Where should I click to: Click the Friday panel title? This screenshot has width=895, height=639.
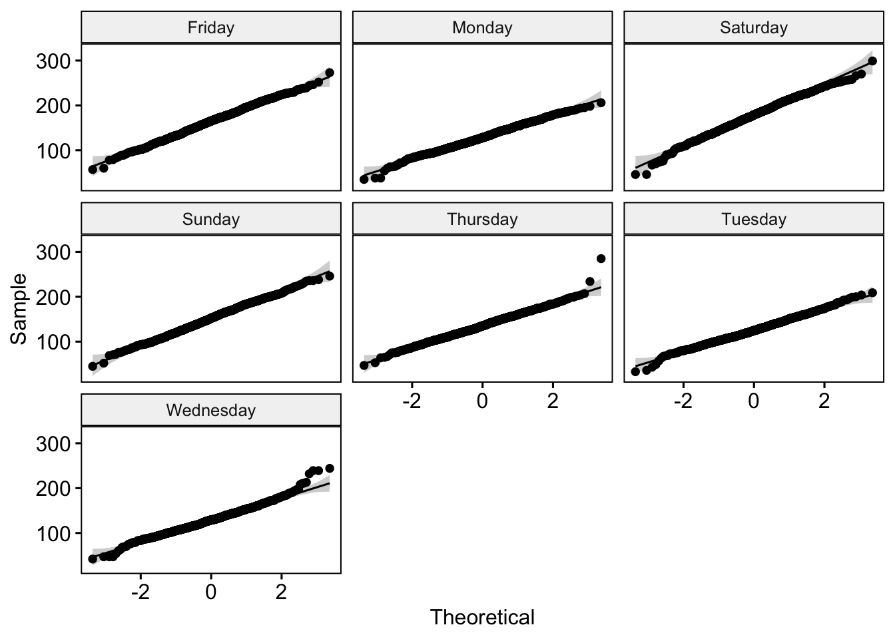pos(211,28)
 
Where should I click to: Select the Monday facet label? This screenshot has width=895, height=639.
pos(482,28)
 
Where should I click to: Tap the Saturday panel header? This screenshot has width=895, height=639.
pos(753,28)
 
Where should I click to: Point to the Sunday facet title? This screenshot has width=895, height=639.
pos(211,220)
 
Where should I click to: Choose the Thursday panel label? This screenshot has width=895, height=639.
pos(482,220)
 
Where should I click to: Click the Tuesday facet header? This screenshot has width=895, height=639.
pos(753,220)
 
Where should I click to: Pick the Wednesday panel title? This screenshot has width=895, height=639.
pos(211,411)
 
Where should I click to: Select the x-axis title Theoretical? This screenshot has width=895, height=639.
pos(482,618)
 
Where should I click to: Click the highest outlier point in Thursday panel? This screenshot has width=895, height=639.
pos(601,258)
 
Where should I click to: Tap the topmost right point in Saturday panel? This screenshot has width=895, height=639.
pos(872,61)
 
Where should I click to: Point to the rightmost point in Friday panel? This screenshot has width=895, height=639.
pos(329,73)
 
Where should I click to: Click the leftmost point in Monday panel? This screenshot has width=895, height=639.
pos(364,179)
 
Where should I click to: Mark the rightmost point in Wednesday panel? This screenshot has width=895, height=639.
pos(329,469)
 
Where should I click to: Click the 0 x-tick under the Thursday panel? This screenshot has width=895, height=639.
pos(482,402)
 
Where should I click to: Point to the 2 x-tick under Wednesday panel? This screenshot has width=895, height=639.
pos(281,593)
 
